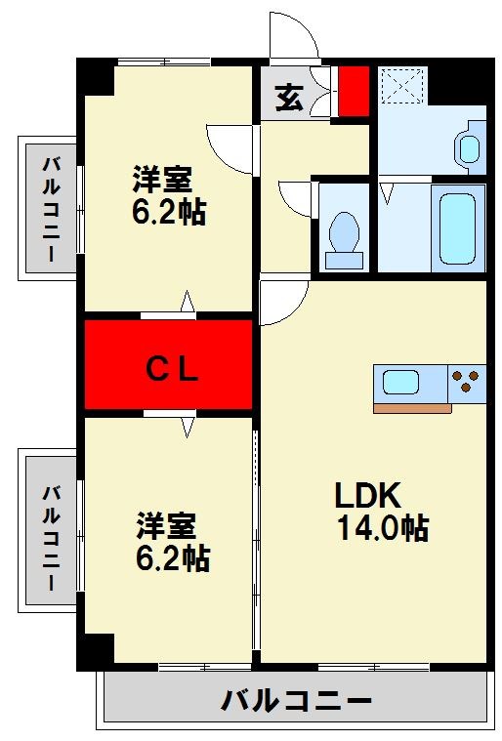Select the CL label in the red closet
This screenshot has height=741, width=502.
[x=173, y=369]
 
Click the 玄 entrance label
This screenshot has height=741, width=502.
[x=288, y=99]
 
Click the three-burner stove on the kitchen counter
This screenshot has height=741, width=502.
[x=468, y=382]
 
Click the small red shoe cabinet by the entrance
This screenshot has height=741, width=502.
[x=353, y=91]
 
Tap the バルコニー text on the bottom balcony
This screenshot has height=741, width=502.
[x=296, y=701]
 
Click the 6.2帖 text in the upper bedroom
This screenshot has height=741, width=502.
[x=169, y=212]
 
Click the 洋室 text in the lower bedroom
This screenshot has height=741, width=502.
[x=165, y=526]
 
